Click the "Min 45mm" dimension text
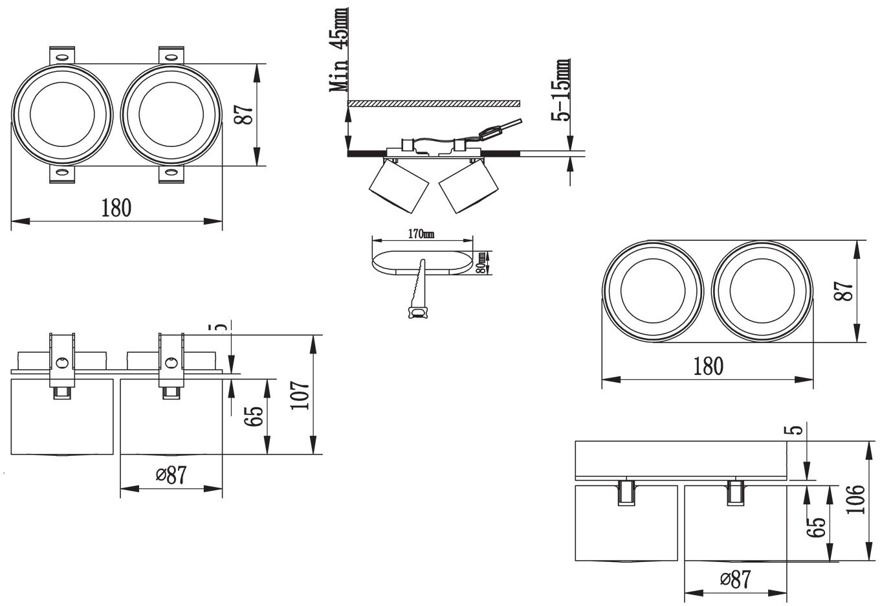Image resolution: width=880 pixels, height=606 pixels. [x=339, y=50]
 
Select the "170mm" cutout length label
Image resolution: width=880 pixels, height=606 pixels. [x=421, y=234]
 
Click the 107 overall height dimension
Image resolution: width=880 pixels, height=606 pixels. [x=300, y=395]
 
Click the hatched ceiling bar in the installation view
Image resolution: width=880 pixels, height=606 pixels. [x=434, y=104]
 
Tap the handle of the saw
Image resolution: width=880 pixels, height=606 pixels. [x=417, y=312]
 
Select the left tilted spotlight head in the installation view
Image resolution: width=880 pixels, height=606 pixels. [x=399, y=186]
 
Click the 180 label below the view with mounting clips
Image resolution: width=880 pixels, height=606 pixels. [x=116, y=208]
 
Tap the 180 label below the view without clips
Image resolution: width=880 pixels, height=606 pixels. [x=708, y=366]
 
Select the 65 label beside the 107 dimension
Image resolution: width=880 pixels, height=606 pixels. [x=254, y=416]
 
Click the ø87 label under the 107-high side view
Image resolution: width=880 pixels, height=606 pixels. [x=171, y=476]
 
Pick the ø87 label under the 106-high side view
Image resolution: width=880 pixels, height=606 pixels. [x=735, y=579]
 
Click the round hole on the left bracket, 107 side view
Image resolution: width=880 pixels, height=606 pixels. [x=62, y=362]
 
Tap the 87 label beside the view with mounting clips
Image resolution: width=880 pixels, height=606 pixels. [x=243, y=115]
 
